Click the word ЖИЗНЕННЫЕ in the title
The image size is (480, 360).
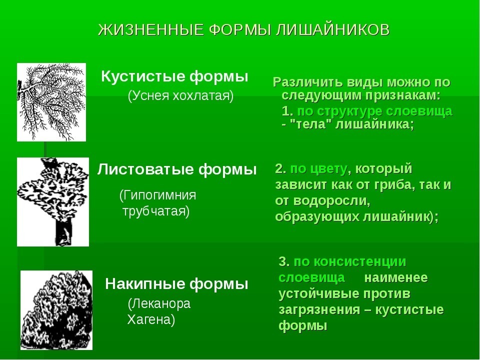[151, 30]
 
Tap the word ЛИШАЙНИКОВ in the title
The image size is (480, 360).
[333, 30]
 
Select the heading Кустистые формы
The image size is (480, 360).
[174, 76]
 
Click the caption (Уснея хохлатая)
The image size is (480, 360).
[180, 96]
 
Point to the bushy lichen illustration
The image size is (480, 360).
[51, 102]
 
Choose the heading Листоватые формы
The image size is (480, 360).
[177, 169]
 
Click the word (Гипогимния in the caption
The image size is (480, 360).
[157, 195]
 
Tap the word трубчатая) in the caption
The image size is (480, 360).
[156, 211]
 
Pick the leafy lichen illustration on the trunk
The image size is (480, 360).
[53, 202]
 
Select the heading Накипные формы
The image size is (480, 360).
[176, 284]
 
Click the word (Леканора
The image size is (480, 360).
[159, 303]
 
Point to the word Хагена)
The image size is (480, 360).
[151, 320]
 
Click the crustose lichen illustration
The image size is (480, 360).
[56, 310]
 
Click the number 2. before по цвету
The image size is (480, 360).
[280, 168]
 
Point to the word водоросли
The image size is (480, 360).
[331, 201]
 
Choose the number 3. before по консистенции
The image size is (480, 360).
[284, 261]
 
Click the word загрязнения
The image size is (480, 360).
[319, 310]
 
